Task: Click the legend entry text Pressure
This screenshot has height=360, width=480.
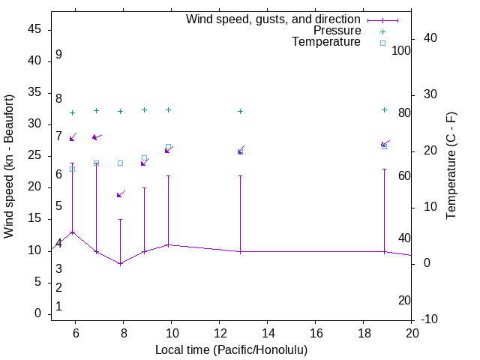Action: tap(337, 31)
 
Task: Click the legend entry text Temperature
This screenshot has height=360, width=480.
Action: tap(326, 42)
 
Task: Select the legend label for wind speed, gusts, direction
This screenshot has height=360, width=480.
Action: tap(274, 19)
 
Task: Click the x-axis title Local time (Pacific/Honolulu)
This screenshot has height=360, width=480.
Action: tap(231, 350)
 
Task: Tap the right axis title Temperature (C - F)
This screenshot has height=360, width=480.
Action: tap(451, 166)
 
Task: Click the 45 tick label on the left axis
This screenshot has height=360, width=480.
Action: tap(34, 29)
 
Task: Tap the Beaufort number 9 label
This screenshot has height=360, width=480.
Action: tap(58, 55)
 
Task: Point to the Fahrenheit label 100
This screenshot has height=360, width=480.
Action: tap(401, 51)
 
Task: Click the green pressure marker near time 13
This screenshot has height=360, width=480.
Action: tap(240, 111)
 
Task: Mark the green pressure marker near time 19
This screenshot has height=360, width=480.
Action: tap(384, 109)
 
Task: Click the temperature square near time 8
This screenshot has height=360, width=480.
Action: tap(120, 163)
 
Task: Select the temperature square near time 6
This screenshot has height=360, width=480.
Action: tap(72, 169)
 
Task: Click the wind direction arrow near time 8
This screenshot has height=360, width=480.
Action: tap(120, 194)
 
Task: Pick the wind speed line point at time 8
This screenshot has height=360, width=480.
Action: tap(120, 263)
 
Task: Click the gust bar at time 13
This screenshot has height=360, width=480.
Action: tap(240, 214)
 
